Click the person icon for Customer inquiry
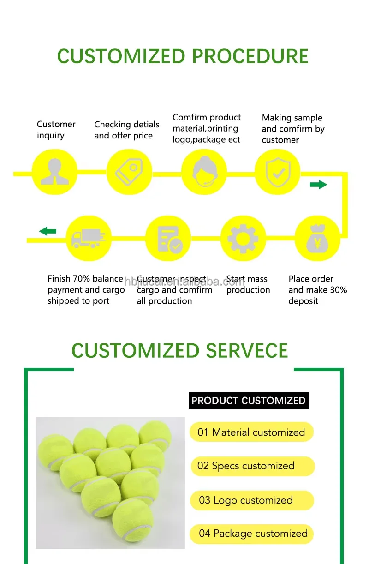[54, 172]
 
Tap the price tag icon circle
[129, 172]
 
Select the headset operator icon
[203, 172]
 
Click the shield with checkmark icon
[278, 172]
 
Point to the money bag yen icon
[317, 239]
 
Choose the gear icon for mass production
[243, 239]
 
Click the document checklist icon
[168, 239]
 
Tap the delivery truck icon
[89, 239]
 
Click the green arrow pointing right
[318, 185]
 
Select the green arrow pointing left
[48, 231]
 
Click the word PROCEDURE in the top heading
[250, 56]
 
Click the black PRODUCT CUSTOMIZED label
[249, 401]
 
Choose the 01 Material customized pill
[251, 432]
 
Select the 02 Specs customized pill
[252, 466]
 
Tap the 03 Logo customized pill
[252, 500]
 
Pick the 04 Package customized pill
[252, 534]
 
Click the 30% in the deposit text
[337, 290]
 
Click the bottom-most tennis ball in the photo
[133, 521]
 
